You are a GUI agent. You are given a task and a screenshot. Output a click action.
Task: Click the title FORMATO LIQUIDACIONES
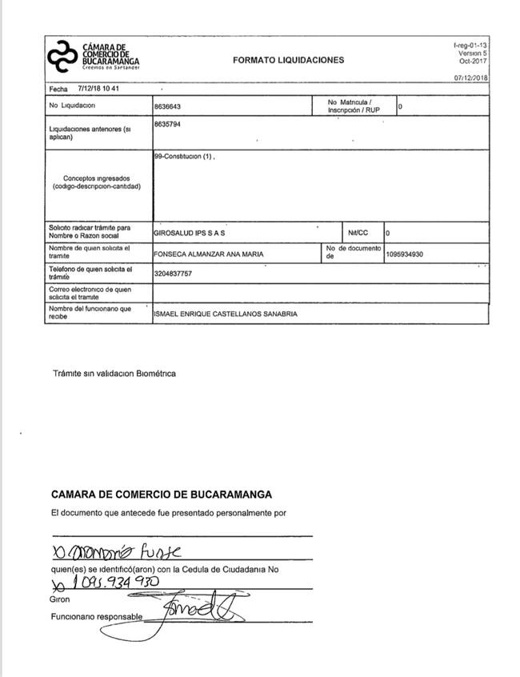(288, 60)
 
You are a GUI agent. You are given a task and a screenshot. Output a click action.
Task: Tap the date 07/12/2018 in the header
(470, 78)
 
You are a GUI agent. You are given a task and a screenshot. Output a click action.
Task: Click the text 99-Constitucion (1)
(184, 157)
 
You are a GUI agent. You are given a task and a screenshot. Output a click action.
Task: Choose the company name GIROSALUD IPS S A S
(190, 234)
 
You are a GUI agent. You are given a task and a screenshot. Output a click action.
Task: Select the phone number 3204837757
(174, 274)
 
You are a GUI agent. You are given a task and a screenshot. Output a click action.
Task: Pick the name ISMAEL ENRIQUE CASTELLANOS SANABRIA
(226, 314)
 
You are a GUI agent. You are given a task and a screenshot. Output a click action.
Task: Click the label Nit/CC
(358, 234)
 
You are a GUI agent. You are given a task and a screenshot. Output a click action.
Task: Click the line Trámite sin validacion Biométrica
(113, 373)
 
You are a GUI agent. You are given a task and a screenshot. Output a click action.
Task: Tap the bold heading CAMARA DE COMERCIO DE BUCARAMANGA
(161, 495)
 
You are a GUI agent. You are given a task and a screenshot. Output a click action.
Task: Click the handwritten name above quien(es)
(116, 552)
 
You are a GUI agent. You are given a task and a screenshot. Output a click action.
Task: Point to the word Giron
(60, 599)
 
